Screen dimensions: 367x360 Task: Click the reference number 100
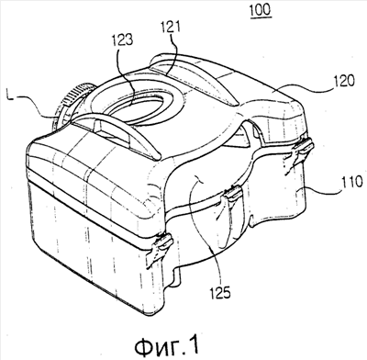[261, 9]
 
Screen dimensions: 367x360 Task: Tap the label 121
[170, 28]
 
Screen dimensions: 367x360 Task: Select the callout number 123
[123, 39]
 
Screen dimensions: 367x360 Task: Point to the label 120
[344, 81]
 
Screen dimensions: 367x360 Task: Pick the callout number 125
[220, 293]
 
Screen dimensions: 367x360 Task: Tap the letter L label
[10, 97]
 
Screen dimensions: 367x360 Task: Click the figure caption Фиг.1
[167, 346]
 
